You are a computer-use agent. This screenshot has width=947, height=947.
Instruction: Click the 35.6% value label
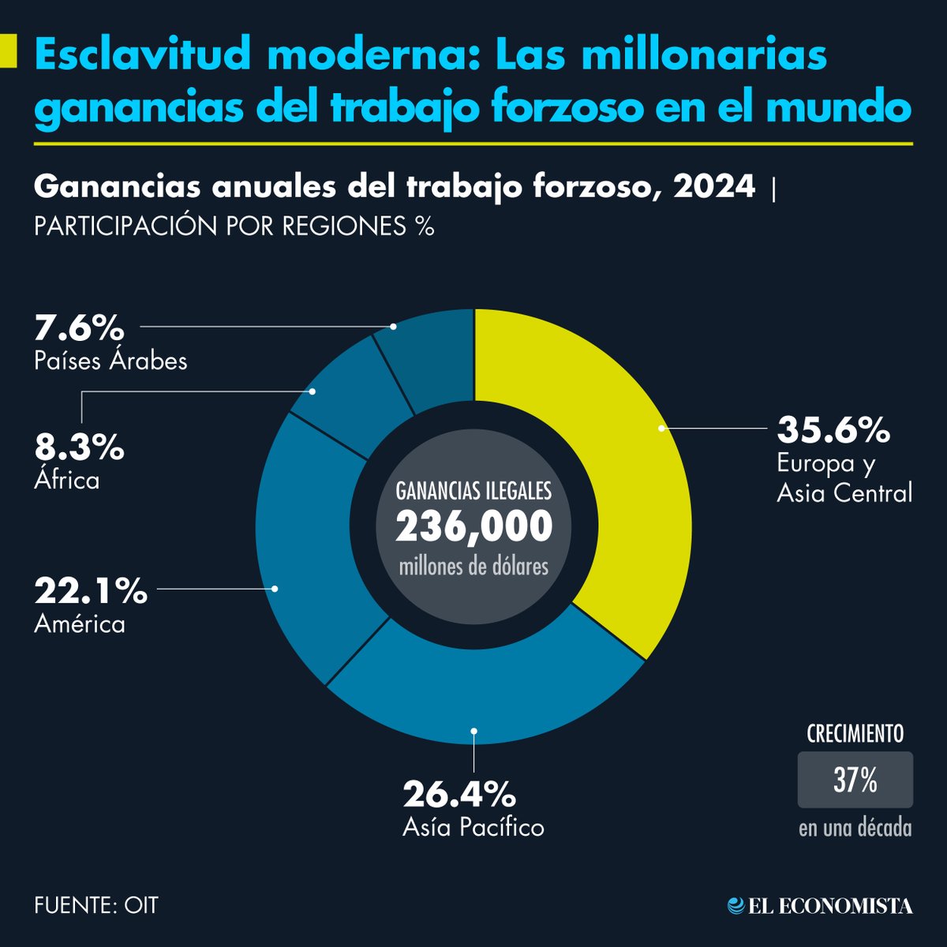833,431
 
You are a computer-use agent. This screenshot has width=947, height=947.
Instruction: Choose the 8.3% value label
79,448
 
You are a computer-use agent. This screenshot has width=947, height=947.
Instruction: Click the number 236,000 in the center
473,527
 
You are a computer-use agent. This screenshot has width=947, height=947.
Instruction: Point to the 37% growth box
855,780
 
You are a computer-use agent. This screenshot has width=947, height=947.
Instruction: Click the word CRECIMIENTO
855,734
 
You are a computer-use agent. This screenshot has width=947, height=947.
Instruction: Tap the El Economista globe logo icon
736,906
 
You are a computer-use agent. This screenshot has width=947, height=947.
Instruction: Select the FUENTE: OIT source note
96,904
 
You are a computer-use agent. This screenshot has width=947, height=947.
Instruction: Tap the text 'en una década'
855,829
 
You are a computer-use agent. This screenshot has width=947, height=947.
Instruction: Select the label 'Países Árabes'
110,361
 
